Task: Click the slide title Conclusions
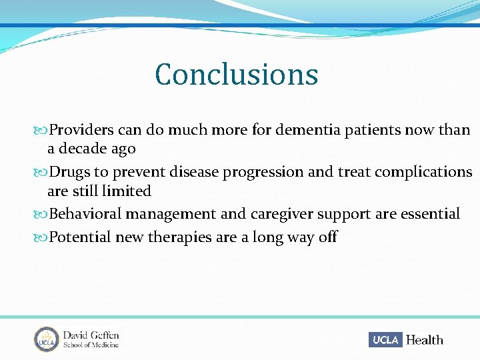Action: tap(236, 75)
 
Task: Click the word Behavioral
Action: tap(86, 214)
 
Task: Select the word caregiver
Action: tap(281, 214)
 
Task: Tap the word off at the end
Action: tap(327, 237)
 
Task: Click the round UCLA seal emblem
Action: tap(47, 339)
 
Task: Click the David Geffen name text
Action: tap(91, 335)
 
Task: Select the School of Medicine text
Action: tap(91, 345)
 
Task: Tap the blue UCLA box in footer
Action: tap(385, 340)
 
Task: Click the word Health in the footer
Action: tap(424, 340)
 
